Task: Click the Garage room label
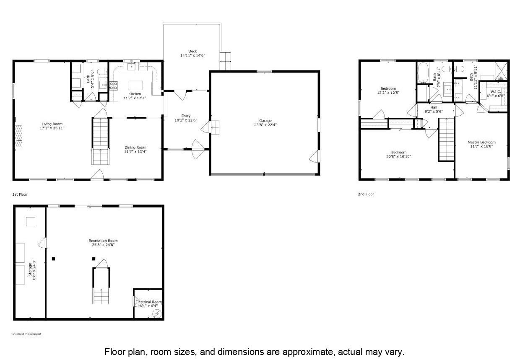(265, 121)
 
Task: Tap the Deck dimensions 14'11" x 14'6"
(192, 55)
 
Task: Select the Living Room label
(52, 124)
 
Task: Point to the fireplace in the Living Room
(19, 136)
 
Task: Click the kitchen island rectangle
(135, 85)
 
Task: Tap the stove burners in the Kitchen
(114, 85)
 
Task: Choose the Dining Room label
(135, 147)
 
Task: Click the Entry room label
(186, 116)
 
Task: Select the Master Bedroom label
(481, 142)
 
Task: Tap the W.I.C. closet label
(496, 92)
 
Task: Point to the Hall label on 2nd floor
(434, 107)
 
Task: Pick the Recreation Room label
(103, 241)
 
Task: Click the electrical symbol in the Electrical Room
(157, 313)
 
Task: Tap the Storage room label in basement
(30, 270)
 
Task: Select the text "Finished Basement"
(26, 334)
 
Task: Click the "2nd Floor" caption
(366, 194)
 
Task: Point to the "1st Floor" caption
(20, 194)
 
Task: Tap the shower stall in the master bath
(501, 71)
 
